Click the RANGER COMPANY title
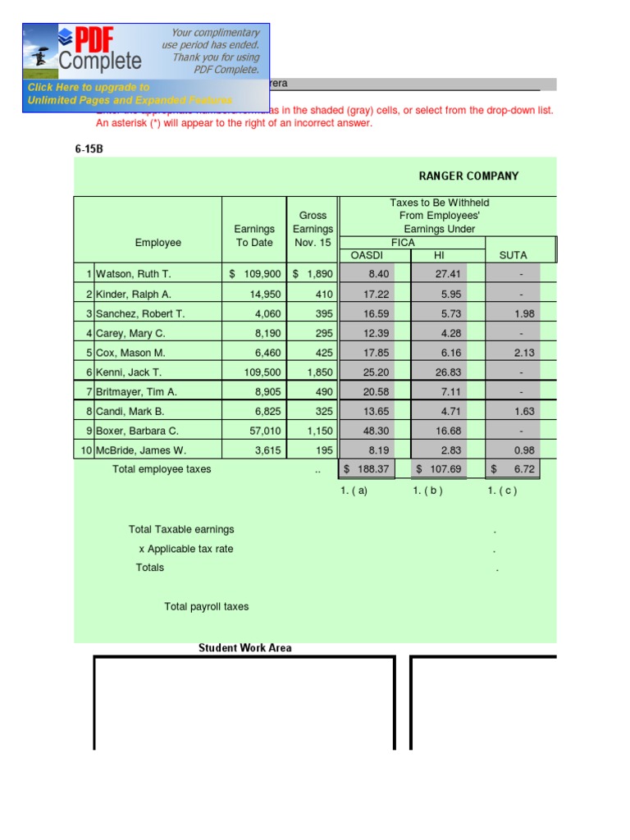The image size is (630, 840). tap(468, 176)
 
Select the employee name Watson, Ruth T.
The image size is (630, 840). tap(134, 274)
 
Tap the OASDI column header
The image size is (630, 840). tap(367, 256)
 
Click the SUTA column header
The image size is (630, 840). tap(513, 256)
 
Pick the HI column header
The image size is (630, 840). tap(438, 256)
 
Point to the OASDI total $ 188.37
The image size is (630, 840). tap(367, 469)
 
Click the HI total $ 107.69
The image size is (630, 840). tap(439, 469)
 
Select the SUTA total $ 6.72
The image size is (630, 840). tap(513, 469)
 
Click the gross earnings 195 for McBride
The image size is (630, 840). tap(324, 450)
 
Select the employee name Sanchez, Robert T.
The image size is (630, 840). tap(140, 313)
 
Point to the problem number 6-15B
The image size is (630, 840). tap(89, 149)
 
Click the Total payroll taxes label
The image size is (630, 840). tap(206, 607)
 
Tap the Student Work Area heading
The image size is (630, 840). tap(244, 648)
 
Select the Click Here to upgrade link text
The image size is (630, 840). tap(89, 87)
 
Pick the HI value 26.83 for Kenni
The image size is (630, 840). tap(448, 372)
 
